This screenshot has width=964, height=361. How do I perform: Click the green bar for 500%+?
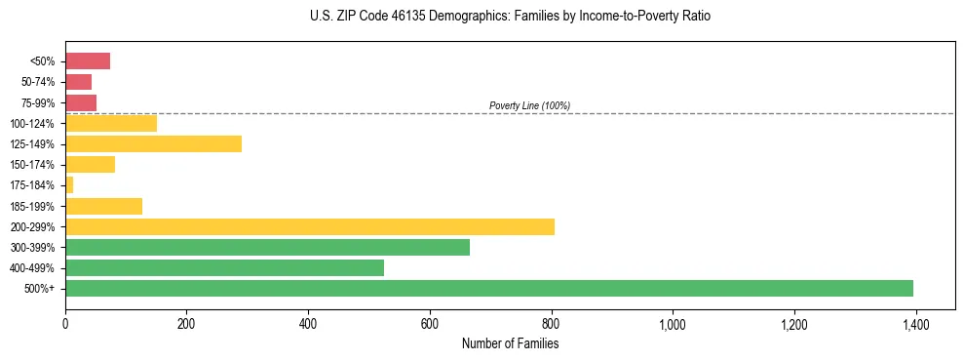pyautogui.click(x=488, y=288)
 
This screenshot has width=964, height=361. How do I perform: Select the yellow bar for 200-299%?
pyautogui.click(x=309, y=226)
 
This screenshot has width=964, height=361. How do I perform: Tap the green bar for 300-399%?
pyautogui.click(x=267, y=247)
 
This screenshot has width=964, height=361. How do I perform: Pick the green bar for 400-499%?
pyautogui.click(x=224, y=267)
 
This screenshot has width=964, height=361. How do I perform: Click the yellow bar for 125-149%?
pyautogui.click(x=153, y=143)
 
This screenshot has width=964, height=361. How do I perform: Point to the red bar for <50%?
pyautogui.click(x=88, y=61)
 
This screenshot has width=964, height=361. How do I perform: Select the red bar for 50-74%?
pyautogui.click(x=78, y=82)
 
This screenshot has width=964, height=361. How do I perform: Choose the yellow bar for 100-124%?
pyautogui.click(x=111, y=123)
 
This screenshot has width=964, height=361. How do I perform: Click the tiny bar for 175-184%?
pyautogui.click(x=69, y=185)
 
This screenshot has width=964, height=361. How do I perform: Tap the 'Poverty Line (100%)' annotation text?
pyautogui.click(x=529, y=105)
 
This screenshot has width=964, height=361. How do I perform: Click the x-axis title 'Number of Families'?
pyautogui.click(x=510, y=343)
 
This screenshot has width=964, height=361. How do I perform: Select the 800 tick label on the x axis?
pyautogui.click(x=551, y=324)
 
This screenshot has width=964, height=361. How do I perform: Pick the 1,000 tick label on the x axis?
pyautogui.click(x=673, y=324)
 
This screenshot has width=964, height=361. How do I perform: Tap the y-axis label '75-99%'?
pyautogui.click(x=37, y=102)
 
